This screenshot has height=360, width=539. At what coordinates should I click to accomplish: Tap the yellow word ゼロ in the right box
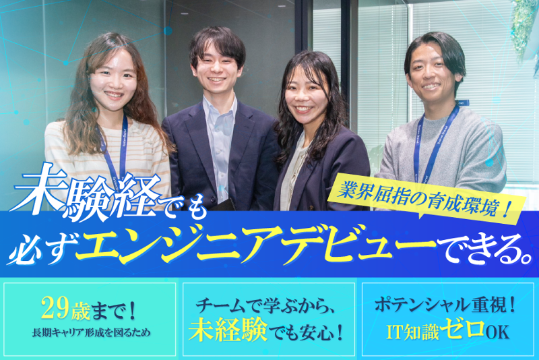tap(465, 330)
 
